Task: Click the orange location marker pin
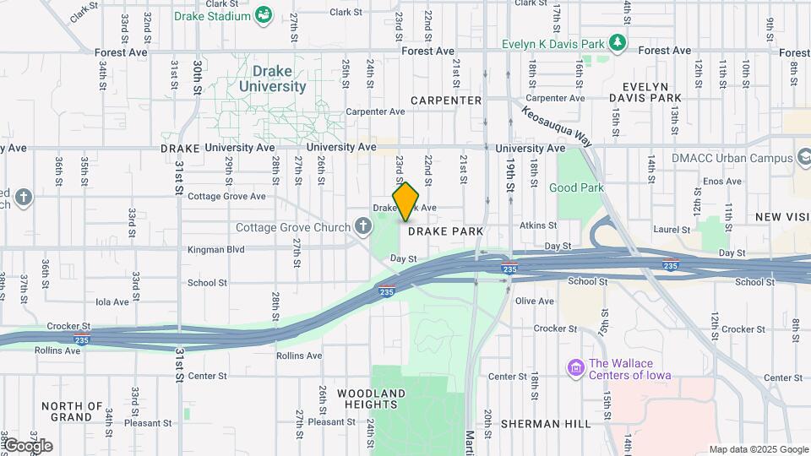[405, 201]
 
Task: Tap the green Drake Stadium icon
[264, 15]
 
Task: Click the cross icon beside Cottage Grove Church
[363, 225]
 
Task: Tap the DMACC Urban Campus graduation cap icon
[803, 158]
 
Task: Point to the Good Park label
[575, 187]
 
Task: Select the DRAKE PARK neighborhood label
[445, 231]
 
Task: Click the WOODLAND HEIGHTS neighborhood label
[371, 399]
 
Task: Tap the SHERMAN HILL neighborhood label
[546, 423]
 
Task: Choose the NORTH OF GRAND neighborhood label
[72, 411]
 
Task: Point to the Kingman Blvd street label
[216, 250]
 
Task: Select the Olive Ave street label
[534, 301]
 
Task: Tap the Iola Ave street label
[112, 301]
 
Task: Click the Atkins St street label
[538, 225]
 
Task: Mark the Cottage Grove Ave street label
[226, 196]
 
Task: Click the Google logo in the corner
[27, 446]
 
